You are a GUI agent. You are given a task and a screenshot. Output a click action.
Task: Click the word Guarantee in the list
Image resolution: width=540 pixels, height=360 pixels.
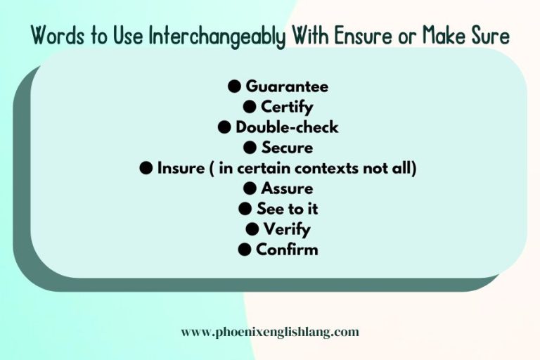point(287,86)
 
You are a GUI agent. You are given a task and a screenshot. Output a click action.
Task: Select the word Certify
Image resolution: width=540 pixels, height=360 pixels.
point(287,107)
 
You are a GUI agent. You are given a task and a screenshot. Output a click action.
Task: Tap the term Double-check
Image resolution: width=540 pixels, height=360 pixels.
point(287,127)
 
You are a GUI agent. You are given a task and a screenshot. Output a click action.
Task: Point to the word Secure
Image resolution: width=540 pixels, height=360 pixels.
point(287,148)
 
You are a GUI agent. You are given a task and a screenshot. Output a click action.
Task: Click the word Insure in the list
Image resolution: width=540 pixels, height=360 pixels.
point(181,168)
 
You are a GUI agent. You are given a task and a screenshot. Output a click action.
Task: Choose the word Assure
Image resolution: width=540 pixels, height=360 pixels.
point(287,188)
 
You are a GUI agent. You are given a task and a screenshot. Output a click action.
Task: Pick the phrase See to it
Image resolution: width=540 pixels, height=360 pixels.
point(287,209)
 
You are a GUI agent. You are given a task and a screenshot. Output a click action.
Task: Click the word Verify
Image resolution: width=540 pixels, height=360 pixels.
point(287,230)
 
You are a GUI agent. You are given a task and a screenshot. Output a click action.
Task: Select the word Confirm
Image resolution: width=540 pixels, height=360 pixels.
point(287,250)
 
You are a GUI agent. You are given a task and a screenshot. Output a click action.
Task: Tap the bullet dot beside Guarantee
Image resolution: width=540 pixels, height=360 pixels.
point(234,86)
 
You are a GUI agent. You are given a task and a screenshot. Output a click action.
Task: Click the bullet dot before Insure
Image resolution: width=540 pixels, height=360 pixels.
point(146,168)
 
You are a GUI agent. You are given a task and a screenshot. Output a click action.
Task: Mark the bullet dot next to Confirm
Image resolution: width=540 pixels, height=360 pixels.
point(245,250)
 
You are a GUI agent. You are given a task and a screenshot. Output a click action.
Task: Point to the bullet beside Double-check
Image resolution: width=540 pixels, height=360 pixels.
point(224,127)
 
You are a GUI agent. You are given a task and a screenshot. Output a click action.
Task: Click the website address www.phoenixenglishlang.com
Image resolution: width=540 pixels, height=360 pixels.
point(270,332)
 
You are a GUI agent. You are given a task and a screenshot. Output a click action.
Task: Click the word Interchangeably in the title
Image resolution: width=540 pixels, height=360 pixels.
point(217,36)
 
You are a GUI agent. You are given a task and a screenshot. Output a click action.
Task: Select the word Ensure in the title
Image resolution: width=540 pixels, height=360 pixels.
point(363,35)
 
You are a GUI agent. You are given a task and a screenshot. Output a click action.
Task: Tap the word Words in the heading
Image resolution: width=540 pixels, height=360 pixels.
point(58,35)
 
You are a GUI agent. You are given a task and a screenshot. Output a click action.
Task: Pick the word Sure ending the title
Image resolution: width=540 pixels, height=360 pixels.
point(490,35)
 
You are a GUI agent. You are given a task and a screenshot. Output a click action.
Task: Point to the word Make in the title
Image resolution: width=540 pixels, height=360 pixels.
point(444,35)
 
